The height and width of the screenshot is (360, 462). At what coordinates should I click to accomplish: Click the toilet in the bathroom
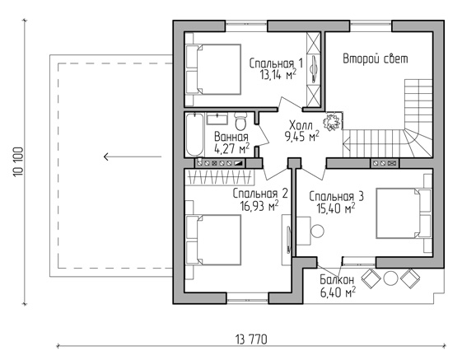point(240,121)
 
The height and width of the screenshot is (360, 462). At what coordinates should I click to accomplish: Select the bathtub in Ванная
point(194,134)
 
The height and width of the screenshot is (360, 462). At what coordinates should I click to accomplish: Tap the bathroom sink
point(217,119)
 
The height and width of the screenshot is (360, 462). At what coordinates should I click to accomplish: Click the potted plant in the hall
point(332,121)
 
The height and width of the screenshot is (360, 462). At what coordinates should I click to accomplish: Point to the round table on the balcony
point(390,278)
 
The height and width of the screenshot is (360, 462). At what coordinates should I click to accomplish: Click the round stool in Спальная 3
point(317,231)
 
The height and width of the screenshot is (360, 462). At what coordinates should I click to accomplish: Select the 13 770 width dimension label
point(251,339)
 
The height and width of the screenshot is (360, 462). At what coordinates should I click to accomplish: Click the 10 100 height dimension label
point(18,161)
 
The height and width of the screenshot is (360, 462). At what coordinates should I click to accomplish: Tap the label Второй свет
point(376,58)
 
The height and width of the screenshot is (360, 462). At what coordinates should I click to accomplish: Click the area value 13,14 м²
point(278,75)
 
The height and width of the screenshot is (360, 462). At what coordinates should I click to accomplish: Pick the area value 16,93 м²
point(259,206)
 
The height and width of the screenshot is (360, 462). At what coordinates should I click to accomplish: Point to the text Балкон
point(337,280)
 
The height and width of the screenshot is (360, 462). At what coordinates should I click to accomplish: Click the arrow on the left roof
point(133,157)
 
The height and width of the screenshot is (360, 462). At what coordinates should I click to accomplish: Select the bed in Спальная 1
point(213,69)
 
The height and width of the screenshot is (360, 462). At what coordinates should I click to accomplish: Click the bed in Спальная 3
point(404,213)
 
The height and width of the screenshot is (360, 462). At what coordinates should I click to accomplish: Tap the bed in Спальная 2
point(213,240)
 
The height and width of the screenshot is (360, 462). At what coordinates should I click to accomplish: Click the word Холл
point(301,125)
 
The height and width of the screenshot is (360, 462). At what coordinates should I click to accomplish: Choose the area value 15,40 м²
point(336,208)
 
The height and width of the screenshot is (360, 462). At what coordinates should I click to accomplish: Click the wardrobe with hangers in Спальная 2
point(220,177)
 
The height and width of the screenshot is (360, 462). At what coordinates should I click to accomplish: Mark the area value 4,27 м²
point(232,149)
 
